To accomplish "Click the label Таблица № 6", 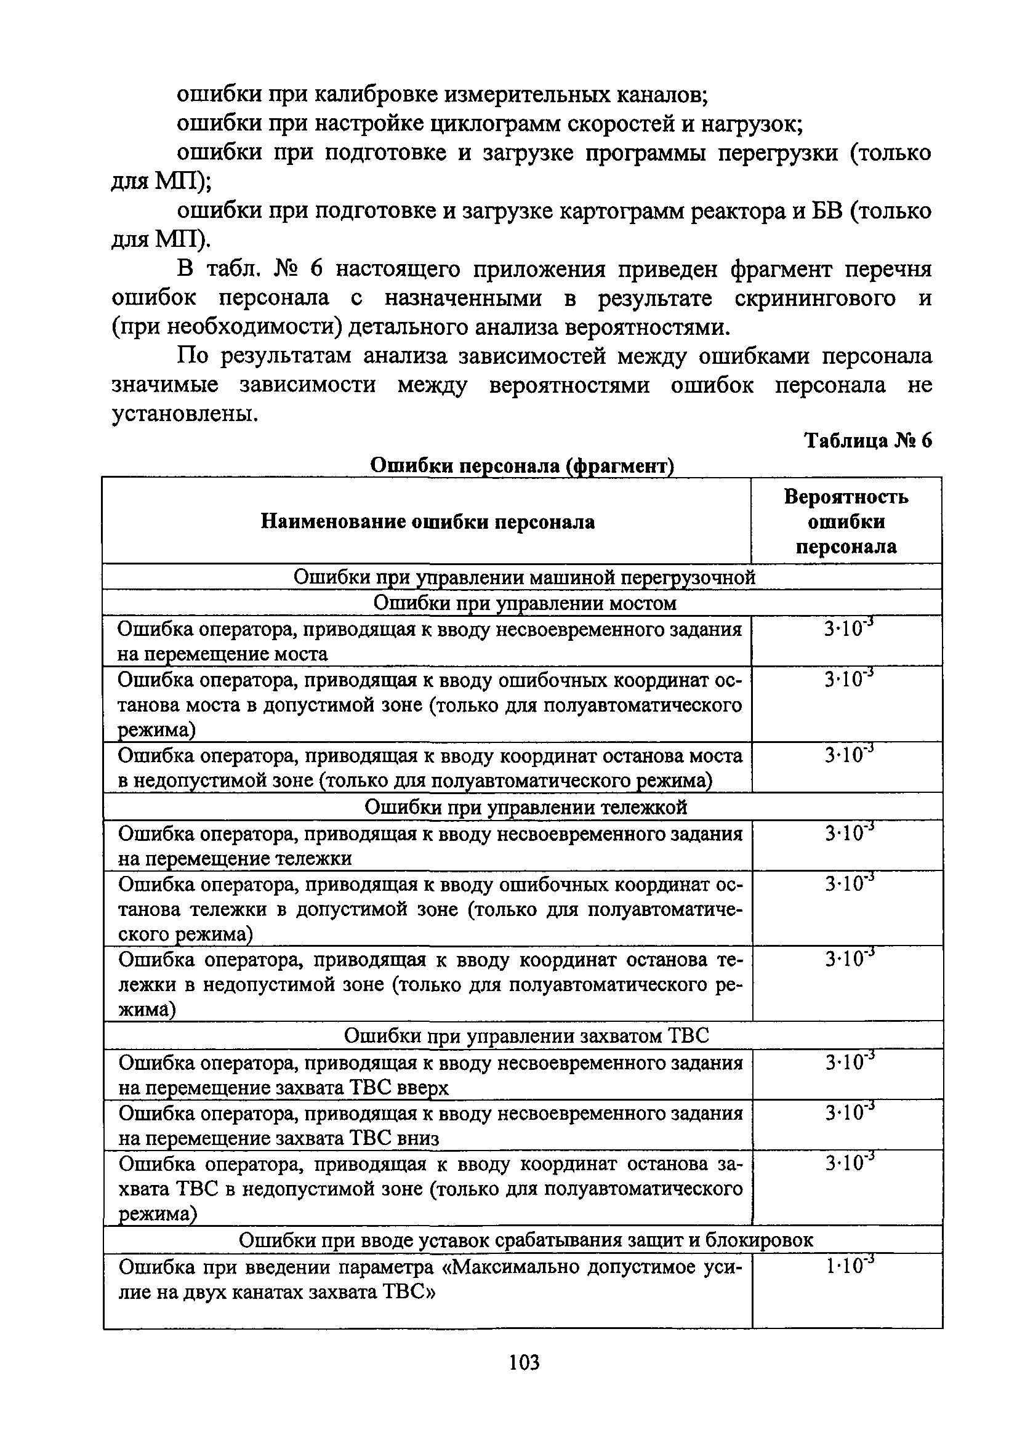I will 867,441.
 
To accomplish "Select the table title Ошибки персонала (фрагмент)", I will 521,466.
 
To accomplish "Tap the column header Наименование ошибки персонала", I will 427,522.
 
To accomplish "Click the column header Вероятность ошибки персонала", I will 846,521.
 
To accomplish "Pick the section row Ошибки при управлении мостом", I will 524,602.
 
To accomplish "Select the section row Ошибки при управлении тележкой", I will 525,807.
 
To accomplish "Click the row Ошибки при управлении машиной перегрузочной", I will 524,577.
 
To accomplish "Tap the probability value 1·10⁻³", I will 849,1267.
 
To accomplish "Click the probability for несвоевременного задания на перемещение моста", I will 848,629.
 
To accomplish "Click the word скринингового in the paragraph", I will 815,299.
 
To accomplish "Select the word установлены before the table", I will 185,414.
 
